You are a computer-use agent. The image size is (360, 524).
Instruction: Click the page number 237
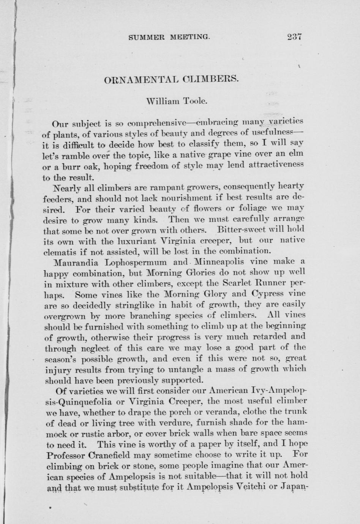294,37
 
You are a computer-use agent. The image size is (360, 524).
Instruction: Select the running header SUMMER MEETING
169,37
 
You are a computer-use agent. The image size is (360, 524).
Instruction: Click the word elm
296,155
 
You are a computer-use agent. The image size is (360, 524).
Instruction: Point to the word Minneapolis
219,261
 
